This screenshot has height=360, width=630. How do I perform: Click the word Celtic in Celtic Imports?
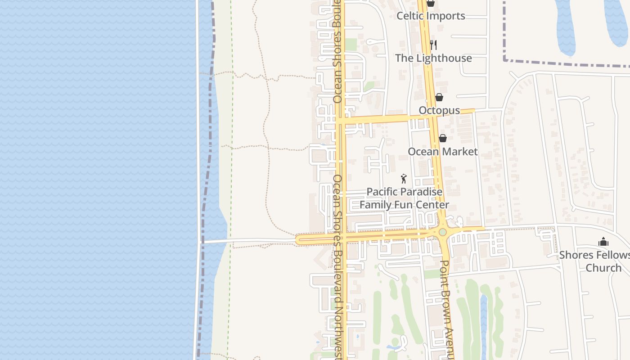click(410, 16)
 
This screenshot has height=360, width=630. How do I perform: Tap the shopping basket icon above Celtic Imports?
click(431, 3)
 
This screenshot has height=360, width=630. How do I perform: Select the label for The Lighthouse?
click(433, 58)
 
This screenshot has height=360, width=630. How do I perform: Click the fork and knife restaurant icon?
click(433, 45)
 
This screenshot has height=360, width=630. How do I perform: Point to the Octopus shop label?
click(439, 110)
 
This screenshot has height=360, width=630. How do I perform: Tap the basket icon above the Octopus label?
click(439, 97)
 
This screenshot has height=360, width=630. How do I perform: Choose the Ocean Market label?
click(442, 152)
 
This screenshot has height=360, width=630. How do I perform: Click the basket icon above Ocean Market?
click(443, 138)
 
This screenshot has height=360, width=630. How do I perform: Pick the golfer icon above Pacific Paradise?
click(404, 179)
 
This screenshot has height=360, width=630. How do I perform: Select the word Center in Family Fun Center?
click(432, 205)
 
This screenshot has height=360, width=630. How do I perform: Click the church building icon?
click(603, 242)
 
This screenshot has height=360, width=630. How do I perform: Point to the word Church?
click(603, 268)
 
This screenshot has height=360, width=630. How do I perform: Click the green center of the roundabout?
click(442, 232)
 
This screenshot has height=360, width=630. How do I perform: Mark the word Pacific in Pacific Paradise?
click(382, 192)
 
